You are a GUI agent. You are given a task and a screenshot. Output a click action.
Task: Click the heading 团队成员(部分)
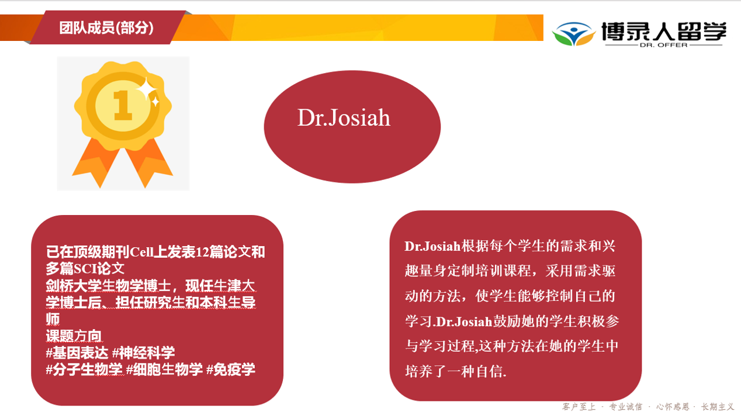point(106,28)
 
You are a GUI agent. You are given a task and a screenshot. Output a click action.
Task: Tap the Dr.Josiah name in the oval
point(344,117)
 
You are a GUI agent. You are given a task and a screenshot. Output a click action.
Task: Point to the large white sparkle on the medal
point(147,88)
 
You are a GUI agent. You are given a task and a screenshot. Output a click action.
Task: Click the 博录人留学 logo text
point(664,31)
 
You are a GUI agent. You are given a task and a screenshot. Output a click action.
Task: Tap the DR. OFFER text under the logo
point(664,45)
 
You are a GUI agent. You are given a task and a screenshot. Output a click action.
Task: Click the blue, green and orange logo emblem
point(574,34)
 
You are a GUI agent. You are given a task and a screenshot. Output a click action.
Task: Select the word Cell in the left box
point(142,252)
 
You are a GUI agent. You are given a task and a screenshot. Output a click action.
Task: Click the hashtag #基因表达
point(77,352)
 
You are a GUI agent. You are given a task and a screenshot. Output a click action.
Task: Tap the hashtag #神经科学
point(144,352)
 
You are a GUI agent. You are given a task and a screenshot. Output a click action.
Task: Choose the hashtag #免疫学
point(231,369)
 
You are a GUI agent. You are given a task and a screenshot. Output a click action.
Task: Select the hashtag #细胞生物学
point(164,369)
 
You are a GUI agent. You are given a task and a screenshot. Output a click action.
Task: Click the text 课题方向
point(74,335)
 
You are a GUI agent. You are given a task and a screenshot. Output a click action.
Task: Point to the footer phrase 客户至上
point(579,406)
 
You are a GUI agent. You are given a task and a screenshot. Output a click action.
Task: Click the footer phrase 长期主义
point(717,406)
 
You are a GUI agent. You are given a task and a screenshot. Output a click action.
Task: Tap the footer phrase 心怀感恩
point(673,406)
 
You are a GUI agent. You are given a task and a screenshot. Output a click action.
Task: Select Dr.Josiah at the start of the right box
point(432,247)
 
